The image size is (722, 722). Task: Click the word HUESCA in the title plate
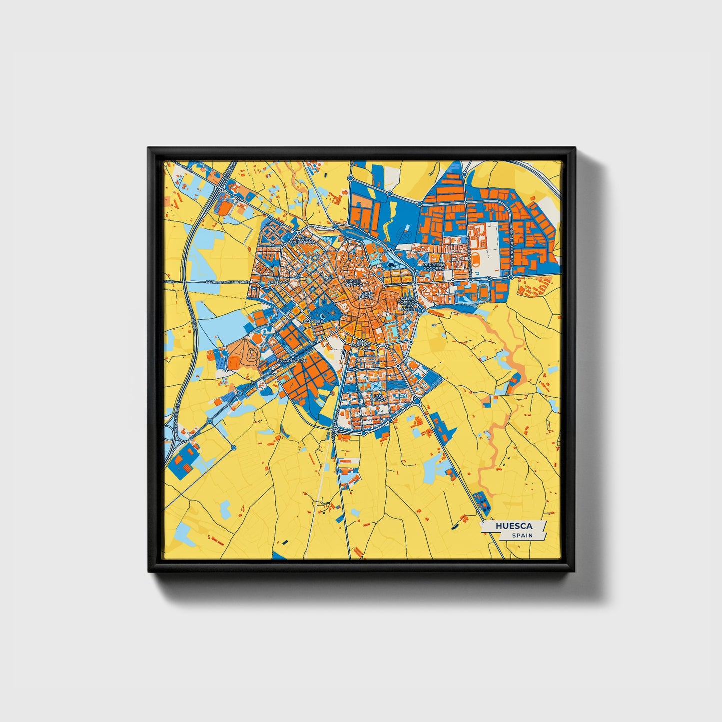(x=514, y=526)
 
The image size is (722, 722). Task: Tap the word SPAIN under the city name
(x=522, y=535)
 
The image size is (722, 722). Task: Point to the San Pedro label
(x=367, y=294)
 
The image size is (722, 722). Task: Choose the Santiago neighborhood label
(x=278, y=282)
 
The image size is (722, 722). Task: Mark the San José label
(x=313, y=321)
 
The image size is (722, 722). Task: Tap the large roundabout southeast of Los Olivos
(x=417, y=401)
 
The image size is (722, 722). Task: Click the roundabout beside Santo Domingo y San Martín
(x=421, y=310)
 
